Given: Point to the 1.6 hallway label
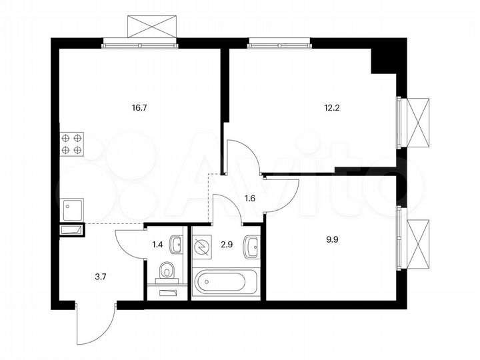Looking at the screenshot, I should tap(251, 198).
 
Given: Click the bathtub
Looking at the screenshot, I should tap(225, 282).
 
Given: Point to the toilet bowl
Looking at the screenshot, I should tap(167, 271).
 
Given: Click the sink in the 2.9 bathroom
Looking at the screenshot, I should tap(251, 247).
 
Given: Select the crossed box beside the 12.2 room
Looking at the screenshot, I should tap(417, 123).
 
